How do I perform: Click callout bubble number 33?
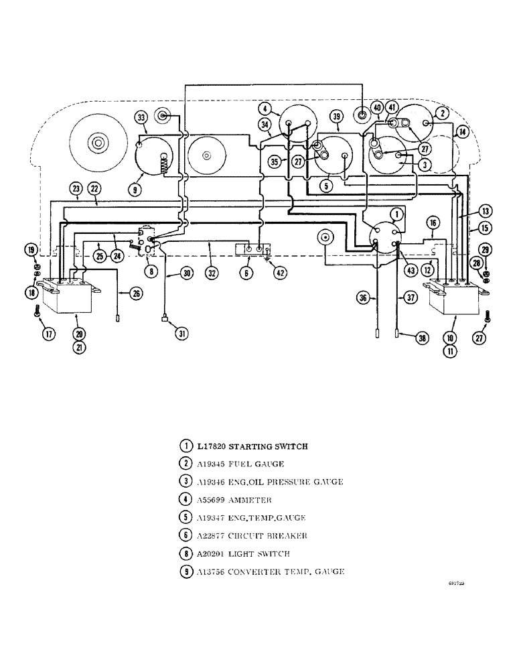[x=141, y=118]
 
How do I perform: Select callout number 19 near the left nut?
[x=31, y=249]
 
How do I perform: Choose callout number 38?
[x=421, y=339]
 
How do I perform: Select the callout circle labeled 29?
[x=486, y=249]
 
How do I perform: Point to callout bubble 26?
[x=137, y=293]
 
